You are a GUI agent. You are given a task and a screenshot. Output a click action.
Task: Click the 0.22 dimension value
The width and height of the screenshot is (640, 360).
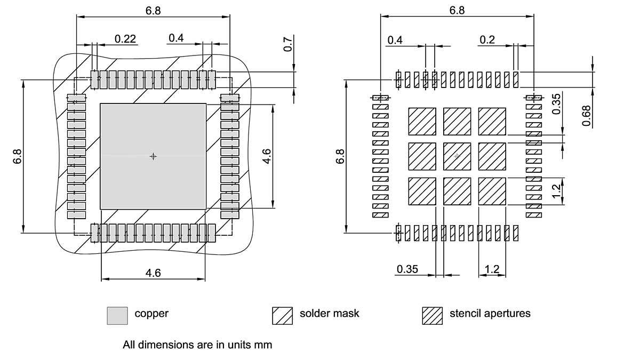(126, 38)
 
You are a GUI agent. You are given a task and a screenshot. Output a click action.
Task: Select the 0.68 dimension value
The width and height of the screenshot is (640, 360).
(587, 116)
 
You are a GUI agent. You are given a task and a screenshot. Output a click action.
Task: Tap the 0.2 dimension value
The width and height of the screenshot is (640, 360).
(487, 40)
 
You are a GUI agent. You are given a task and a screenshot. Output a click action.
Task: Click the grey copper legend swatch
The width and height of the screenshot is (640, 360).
(117, 315)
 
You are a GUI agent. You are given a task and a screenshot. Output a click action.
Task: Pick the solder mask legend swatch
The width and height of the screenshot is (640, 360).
(282, 315)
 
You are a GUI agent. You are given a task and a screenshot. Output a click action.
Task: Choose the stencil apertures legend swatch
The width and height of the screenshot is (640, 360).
(432, 315)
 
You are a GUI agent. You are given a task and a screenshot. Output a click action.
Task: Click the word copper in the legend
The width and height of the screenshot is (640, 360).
(151, 314)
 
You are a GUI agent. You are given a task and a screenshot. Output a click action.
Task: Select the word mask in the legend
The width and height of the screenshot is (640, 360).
(346, 314)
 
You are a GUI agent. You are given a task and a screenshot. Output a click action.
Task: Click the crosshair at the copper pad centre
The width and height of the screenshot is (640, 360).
(153, 156)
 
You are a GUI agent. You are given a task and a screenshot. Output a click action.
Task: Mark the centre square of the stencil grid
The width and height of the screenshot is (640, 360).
(457, 156)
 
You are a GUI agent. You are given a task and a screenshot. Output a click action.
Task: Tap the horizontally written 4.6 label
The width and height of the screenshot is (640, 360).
(153, 273)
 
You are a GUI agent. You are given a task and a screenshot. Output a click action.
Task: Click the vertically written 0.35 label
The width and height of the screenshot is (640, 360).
(556, 104)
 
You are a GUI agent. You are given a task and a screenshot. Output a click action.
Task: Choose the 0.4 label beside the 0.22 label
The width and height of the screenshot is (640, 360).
(176, 38)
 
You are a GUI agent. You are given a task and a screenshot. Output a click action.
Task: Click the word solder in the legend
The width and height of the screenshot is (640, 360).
(315, 314)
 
